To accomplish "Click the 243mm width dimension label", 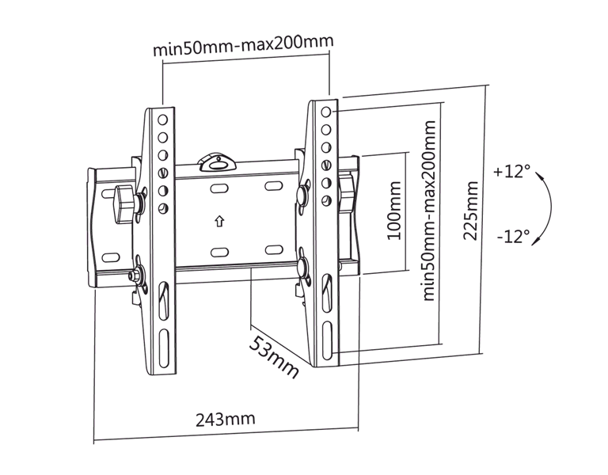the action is tap(226, 419).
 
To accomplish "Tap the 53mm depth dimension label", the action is tap(274, 357).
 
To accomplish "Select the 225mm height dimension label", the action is tap(471, 211).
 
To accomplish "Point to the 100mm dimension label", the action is tap(394, 211).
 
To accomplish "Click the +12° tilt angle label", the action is tap(511, 171).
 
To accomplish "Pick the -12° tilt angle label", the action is tap(513, 236).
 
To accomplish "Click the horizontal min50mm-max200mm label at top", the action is tap(243, 46).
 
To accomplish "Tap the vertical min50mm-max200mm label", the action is tap(429, 211).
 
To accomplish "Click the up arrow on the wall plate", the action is tap(220, 222).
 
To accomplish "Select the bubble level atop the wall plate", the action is tap(217, 161).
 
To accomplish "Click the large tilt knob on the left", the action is tap(125, 204).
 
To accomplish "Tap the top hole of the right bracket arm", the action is tap(326, 112).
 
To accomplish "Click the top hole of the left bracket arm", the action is tap(162, 120).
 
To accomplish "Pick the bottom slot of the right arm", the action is tap(328, 340).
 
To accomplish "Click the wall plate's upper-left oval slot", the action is tap(219, 189).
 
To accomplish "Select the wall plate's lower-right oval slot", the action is tap(274, 249).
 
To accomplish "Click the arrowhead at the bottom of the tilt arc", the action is tap(536, 241).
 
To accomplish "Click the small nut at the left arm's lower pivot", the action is tap(133, 275).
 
